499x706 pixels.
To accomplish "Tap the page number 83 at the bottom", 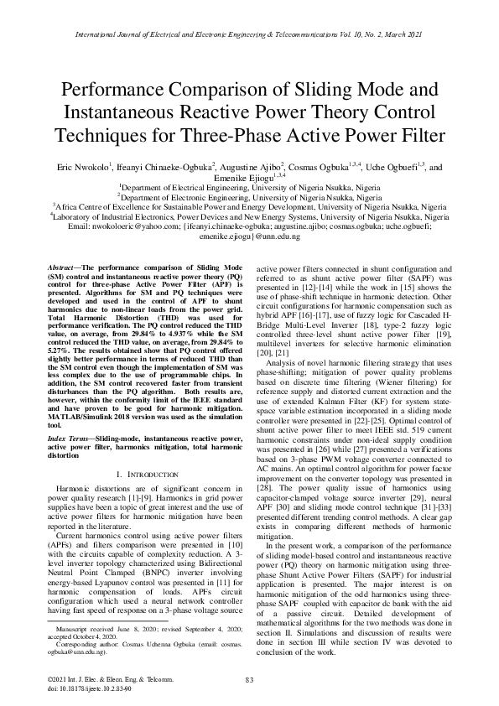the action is tap(249, 679).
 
